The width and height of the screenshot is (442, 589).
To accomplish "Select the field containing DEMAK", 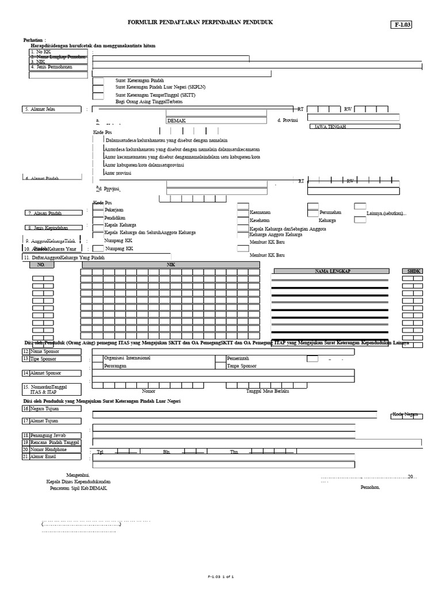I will click(x=216, y=120).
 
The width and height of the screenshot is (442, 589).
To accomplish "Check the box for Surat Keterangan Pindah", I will click(x=98, y=81).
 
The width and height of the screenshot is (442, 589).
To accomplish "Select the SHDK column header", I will click(x=414, y=270).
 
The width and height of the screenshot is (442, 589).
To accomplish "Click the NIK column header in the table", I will click(x=170, y=265).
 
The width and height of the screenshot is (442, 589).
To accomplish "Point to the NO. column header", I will click(x=41, y=265).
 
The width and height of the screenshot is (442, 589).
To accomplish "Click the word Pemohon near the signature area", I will click(x=370, y=487).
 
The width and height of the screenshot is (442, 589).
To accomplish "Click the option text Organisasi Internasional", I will click(x=127, y=358).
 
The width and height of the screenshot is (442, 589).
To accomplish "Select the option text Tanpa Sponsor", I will click(x=241, y=365).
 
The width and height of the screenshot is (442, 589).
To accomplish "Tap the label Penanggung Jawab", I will click(x=52, y=435).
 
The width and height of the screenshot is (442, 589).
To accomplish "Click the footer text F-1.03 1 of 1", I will click(x=220, y=575).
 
